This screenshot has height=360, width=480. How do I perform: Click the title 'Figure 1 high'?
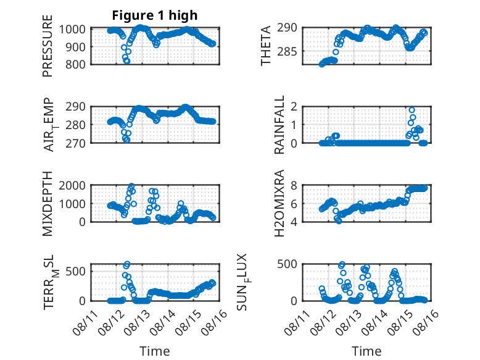[x=155, y=15]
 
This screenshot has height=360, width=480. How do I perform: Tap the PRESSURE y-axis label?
[x=48, y=46]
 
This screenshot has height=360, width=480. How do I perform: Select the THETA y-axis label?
[x=266, y=46]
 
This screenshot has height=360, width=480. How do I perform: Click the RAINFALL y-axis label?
[x=279, y=125]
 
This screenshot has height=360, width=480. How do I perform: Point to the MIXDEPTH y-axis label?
[x=48, y=204]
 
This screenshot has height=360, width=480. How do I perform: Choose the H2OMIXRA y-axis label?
[x=279, y=203]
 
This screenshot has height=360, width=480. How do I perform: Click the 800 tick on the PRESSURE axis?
[x=75, y=65]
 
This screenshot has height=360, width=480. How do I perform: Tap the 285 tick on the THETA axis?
[x=287, y=51]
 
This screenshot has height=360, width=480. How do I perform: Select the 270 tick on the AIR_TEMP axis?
[x=75, y=143]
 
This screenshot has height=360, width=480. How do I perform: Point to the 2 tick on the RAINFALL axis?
[x=294, y=107]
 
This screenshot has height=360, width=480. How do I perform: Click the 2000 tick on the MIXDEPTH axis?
[x=72, y=185]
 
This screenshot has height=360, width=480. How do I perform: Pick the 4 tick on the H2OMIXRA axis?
[x=294, y=222]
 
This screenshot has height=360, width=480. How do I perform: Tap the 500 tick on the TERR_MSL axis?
[x=75, y=271]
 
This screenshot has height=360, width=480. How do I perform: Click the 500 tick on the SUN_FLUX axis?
[x=287, y=264]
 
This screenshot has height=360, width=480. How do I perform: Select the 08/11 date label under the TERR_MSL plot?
[x=85, y=322]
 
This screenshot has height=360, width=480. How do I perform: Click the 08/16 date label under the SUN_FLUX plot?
[x=426, y=322]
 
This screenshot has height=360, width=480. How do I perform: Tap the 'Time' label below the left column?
[x=155, y=351]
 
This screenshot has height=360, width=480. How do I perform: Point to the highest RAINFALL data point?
[x=412, y=111]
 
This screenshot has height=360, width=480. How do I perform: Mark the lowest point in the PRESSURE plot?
[x=127, y=61]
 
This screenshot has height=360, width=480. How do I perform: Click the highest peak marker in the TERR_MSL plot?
[x=127, y=264]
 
